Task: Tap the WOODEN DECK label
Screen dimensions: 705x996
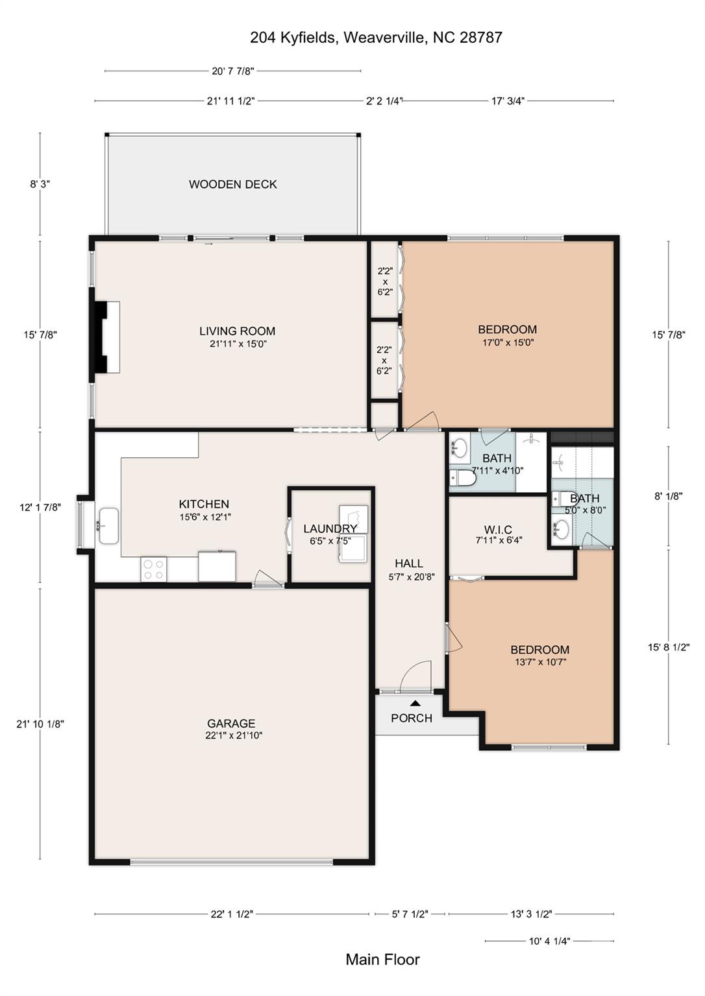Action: [x=233, y=184]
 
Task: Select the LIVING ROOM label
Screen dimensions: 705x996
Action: [x=237, y=331]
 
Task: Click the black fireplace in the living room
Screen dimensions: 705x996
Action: [x=101, y=337]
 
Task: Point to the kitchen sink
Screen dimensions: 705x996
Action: [x=108, y=526]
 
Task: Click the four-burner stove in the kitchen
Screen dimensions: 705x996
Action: [x=154, y=569]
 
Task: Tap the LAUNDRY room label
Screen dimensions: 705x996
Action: [x=330, y=528]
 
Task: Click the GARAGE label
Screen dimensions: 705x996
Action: [x=231, y=724]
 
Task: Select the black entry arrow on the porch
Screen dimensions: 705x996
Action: [x=415, y=703]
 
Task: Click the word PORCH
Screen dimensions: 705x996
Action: [x=412, y=718]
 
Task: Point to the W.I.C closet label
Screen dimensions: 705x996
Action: [x=498, y=530]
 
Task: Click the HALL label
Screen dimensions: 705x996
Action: [x=409, y=563]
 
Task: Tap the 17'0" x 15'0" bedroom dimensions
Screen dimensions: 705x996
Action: [x=508, y=342]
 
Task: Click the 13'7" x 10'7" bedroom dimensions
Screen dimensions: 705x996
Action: [x=540, y=662]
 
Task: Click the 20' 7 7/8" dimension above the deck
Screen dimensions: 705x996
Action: [x=233, y=71]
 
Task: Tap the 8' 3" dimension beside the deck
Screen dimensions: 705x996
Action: [x=40, y=184]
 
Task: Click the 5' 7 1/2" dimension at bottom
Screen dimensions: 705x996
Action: [x=410, y=914]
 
